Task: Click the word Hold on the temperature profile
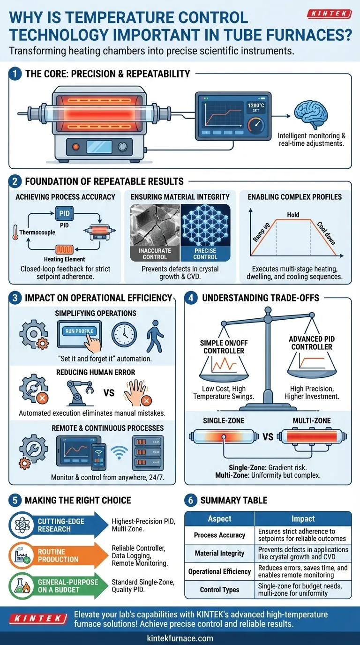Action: click(x=293, y=214)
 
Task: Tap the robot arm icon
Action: click(x=77, y=392)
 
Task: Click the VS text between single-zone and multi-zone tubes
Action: click(x=268, y=437)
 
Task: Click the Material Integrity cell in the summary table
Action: click(x=219, y=553)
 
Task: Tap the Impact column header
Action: click(x=303, y=519)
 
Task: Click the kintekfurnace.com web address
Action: click(x=180, y=638)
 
